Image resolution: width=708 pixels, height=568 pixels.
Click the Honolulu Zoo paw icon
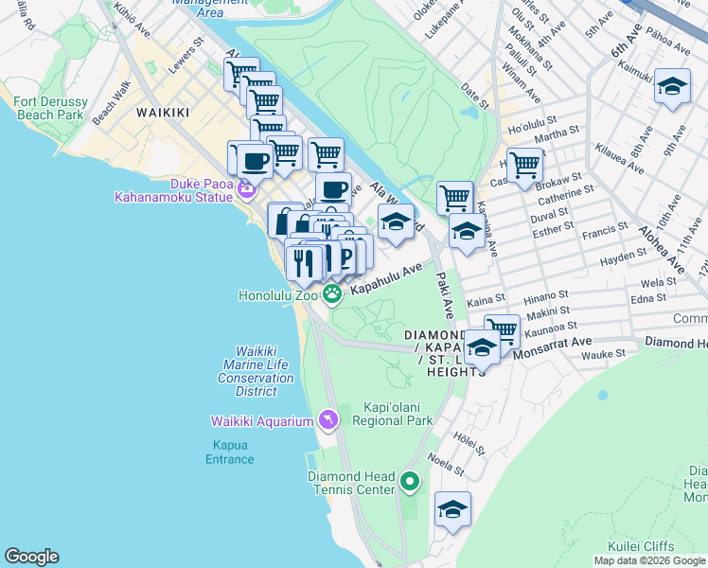pos(332,295)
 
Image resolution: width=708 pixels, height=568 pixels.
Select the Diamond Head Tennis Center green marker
pos(409,483)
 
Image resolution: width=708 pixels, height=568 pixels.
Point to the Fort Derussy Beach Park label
pos(57,107)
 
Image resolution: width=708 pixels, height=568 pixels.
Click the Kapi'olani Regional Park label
pos(393,414)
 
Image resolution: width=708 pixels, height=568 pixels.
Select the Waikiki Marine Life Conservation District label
pos(256,371)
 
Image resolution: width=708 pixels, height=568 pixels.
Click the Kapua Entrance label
pos(230,452)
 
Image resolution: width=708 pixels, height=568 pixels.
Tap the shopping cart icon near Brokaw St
pos(524,165)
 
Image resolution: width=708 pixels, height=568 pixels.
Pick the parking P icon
pos(345,255)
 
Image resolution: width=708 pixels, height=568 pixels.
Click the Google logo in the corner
pos(31,557)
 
